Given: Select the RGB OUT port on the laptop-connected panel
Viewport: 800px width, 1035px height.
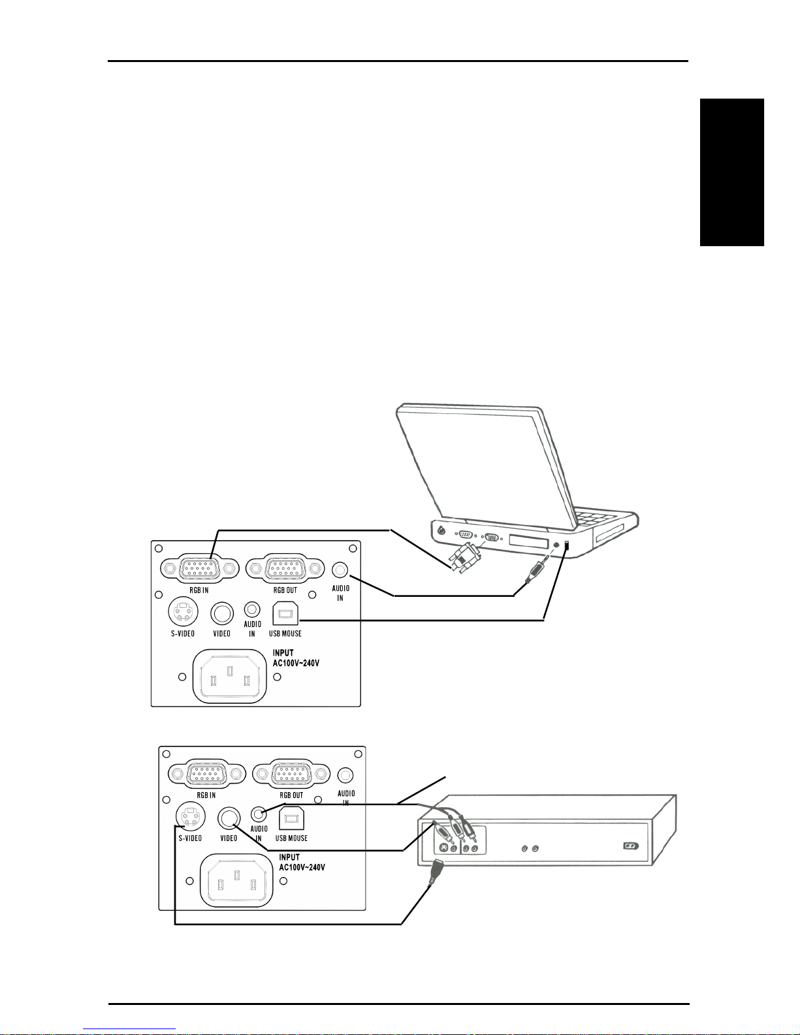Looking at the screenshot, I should pyautogui.click(x=285, y=569).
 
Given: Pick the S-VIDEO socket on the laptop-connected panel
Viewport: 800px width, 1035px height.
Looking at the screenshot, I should pyautogui.click(x=183, y=613).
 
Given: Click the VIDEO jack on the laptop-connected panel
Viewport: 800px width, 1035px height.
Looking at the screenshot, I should pyautogui.click(x=222, y=613).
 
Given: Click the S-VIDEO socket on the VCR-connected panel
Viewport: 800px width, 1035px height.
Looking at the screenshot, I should pyautogui.click(x=191, y=816).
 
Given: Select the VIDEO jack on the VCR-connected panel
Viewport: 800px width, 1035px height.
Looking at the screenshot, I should pyautogui.click(x=229, y=817).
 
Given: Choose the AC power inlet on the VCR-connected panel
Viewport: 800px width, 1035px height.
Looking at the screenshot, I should pyautogui.click(x=237, y=880).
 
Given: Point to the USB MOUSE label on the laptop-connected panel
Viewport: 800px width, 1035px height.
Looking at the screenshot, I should pyautogui.click(x=285, y=633).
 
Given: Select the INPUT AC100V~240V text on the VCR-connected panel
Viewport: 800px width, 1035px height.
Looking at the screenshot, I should pyautogui.click(x=302, y=863).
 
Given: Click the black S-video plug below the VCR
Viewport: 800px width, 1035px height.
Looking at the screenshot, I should pyautogui.click(x=434, y=873).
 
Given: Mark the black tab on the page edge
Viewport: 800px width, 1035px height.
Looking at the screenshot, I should pyautogui.click(x=731, y=172).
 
